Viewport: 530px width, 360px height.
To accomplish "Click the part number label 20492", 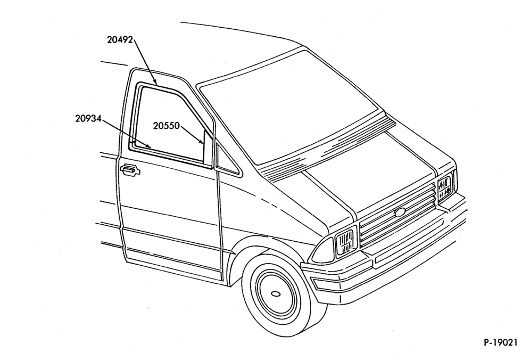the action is coord(120,39).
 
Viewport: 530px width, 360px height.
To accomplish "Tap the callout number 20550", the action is coord(167,126).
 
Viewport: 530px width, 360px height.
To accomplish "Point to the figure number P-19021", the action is coord(500,342).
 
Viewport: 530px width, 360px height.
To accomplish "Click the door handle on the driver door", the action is coord(130,169).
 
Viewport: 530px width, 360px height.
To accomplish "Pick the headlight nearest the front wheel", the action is coord(345,240).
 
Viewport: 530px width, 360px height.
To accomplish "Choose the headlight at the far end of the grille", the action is coord(445,187).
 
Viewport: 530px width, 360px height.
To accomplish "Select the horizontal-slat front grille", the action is coord(397,215).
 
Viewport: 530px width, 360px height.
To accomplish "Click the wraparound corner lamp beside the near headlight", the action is coord(324,250).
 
